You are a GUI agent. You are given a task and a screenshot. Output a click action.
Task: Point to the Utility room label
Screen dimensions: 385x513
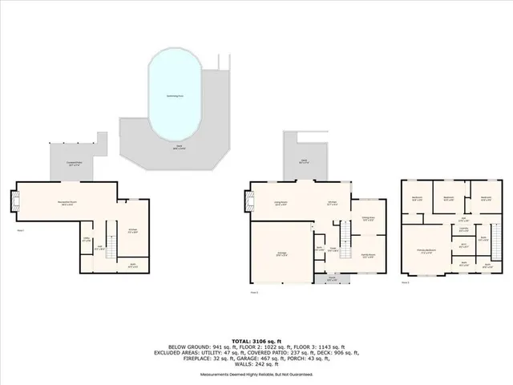(86, 238)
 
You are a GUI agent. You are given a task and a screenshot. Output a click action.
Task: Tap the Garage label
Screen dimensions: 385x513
(282, 254)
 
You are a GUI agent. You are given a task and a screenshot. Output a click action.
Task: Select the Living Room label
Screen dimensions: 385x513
(281, 204)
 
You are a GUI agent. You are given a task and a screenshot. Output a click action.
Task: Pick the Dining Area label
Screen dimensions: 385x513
(369, 218)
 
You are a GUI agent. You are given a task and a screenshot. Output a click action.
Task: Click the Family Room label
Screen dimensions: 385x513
(369, 254)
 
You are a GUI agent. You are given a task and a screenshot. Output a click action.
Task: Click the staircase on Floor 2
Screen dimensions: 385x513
(344, 237)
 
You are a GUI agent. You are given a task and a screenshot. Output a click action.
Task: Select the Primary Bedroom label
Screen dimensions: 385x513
(426, 250)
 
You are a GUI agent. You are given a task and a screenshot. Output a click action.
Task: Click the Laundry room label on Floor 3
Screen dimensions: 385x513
(463, 229)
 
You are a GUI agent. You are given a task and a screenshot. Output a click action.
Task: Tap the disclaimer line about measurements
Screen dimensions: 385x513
(256, 375)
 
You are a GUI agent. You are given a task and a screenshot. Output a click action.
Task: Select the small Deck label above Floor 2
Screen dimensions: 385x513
(305, 161)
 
